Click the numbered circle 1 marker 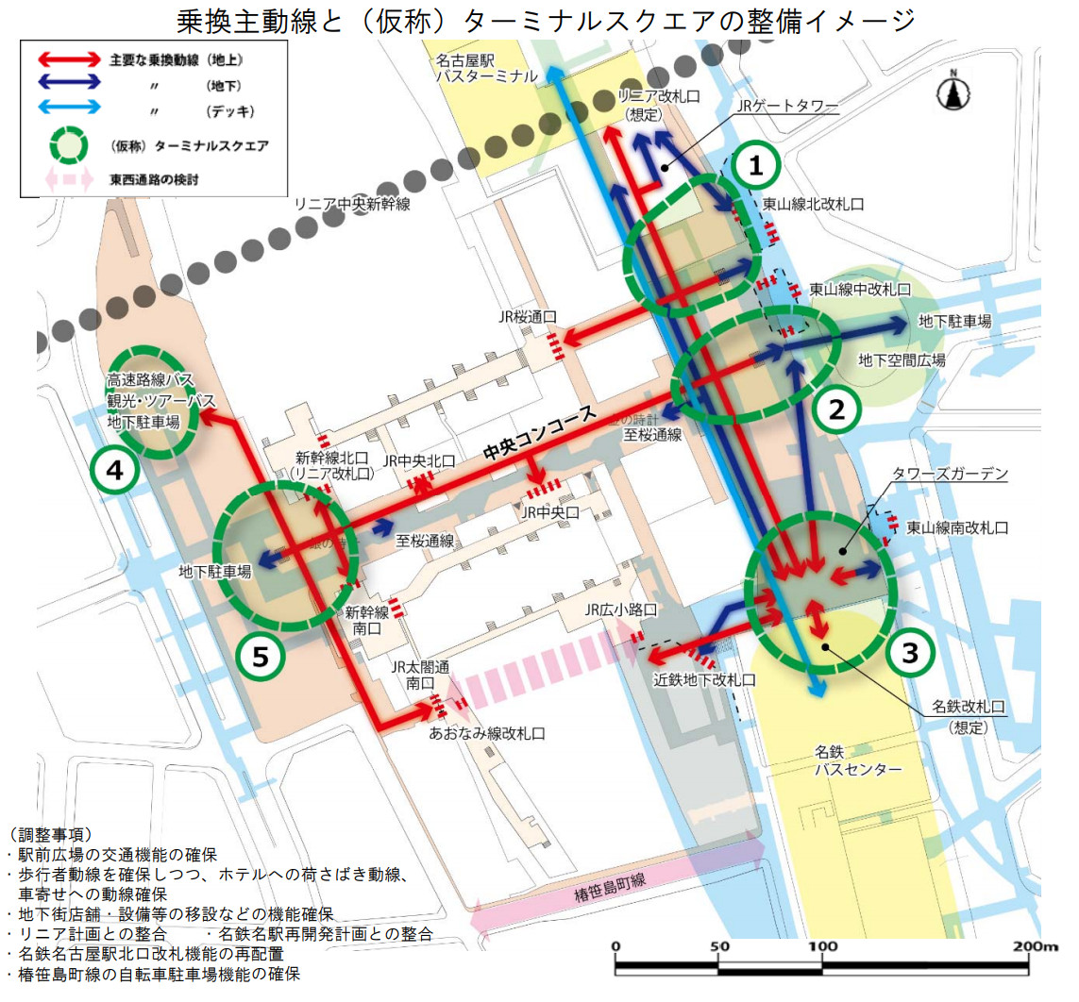click(755, 166)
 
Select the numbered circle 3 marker click(909, 651)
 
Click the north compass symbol click(955, 92)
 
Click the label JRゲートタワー click(789, 109)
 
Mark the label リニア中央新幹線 click(352, 205)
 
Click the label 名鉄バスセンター click(857, 761)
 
